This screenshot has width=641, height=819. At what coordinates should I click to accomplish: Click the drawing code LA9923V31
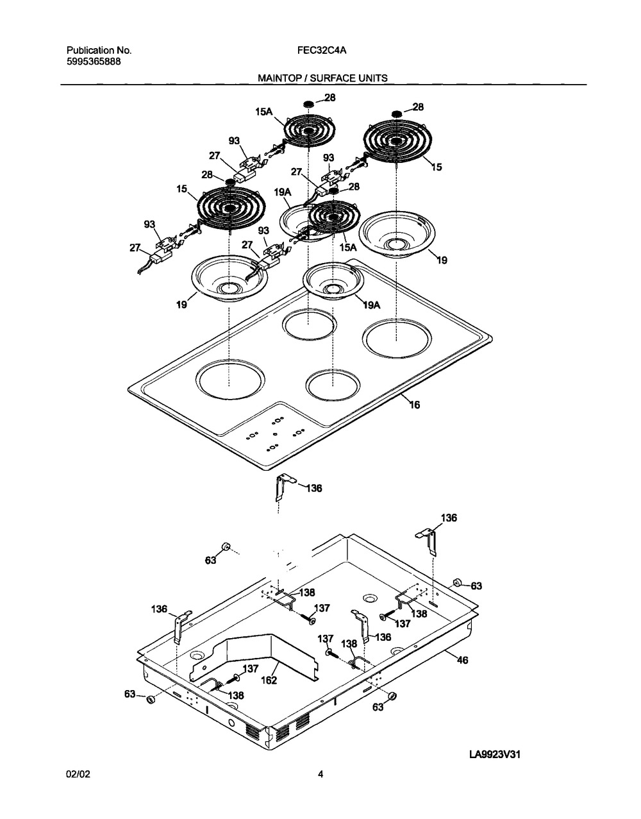tap(494, 755)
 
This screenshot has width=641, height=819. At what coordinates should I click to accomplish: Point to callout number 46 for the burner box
tap(462, 659)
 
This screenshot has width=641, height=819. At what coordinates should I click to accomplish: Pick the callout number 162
tap(269, 680)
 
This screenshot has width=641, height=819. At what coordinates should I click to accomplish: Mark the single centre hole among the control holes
tap(274, 434)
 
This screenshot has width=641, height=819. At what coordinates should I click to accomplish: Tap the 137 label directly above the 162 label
tap(251, 668)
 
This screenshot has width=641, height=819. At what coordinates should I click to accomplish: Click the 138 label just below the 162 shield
tap(236, 695)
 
